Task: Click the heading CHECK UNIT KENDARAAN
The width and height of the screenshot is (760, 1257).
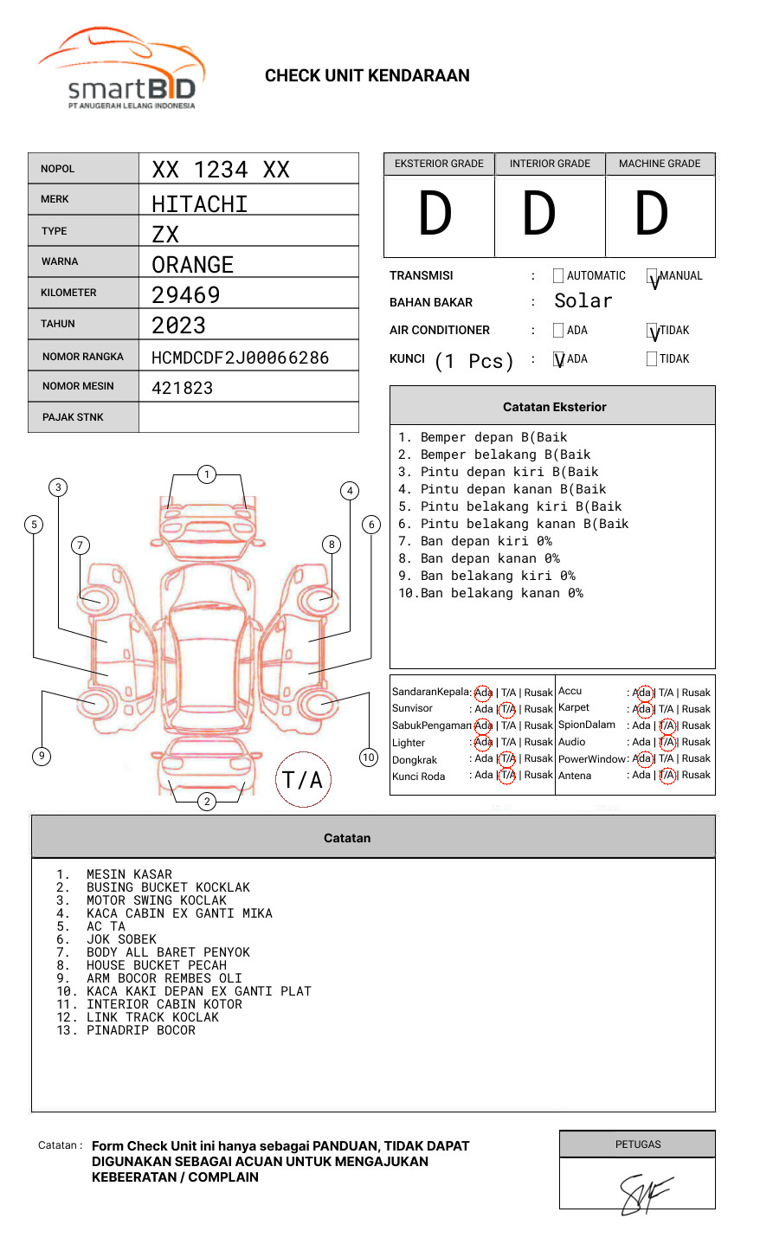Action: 367,76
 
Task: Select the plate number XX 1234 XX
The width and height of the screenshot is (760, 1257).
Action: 221,170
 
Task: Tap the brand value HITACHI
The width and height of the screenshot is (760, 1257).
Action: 200,204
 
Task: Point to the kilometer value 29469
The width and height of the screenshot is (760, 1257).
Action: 186,295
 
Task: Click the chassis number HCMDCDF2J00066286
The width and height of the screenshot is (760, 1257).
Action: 241,358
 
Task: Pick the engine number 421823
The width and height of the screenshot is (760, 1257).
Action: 183,388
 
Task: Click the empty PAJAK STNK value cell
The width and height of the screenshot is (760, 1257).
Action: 248,417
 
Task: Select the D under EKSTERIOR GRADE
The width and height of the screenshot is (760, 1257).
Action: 435,215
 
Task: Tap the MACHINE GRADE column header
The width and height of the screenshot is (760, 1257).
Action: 660,164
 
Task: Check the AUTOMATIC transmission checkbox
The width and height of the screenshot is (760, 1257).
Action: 558,276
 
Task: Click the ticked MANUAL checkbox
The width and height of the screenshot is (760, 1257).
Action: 652,277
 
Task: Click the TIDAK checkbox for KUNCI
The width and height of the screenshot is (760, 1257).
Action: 652,359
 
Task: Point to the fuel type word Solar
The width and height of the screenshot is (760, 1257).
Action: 583,301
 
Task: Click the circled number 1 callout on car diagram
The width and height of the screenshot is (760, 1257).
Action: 206,474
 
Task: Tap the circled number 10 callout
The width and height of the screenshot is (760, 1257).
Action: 369,757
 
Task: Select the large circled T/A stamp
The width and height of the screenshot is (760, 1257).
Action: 303,779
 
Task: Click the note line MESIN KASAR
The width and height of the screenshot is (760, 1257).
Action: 129,874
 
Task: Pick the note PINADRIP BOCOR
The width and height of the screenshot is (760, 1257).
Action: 140,1030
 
